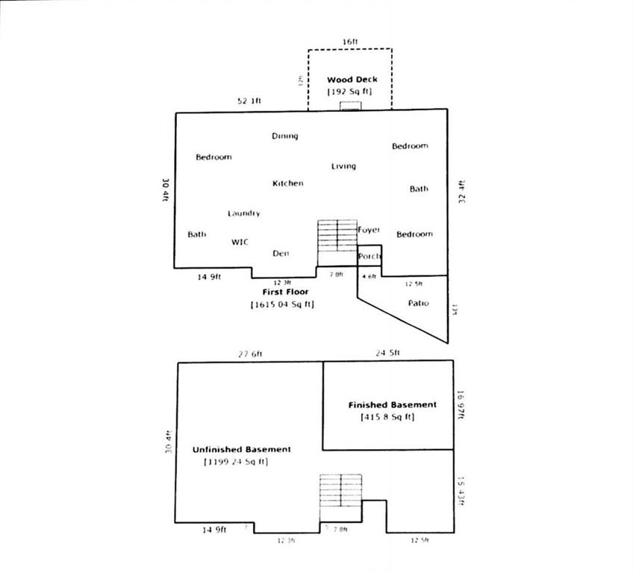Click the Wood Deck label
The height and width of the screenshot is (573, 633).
click(x=352, y=80)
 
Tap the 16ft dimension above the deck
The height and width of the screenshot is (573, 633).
click(x=351, y=42)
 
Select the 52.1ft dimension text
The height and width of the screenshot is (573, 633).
click(x=249, y=101)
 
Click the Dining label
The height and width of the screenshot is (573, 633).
click(x=284, y=136)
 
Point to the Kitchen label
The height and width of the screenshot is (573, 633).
click(x=287, y=184)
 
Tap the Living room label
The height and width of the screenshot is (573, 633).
click(x=343, y=166)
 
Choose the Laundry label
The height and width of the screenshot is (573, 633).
click(x=244, y=213)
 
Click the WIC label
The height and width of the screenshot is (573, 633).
click(x=240, y=242)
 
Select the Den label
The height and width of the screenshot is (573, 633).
click(x=281, y=254)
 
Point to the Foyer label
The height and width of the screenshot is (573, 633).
click(x=369, y=230)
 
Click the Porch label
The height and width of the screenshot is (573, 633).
click(x=369, y=257)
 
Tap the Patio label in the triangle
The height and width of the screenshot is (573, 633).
click(x=418, y=304)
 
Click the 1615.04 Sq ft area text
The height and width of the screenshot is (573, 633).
click(x=282, y=305)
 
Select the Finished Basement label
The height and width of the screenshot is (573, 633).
click(x=392, y=405)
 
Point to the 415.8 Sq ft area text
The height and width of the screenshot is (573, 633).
click(x=387, y=417)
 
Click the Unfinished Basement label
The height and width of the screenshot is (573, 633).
click(x=241, y=450)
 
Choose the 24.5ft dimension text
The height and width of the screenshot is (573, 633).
click(x=389, y=353)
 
